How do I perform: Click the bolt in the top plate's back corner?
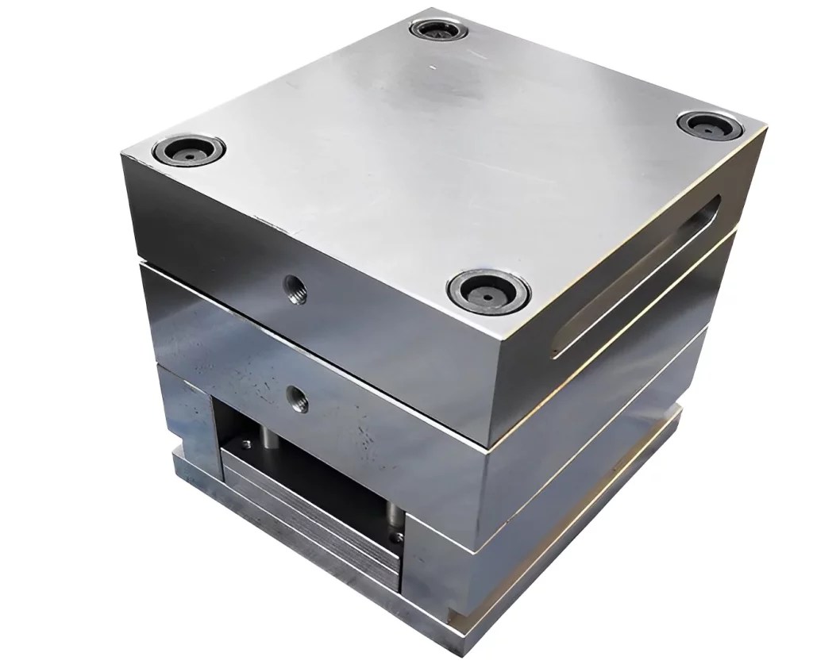[439, 31]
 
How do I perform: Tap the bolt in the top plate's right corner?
[709, 125]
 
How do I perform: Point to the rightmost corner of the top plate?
[765, 125]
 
